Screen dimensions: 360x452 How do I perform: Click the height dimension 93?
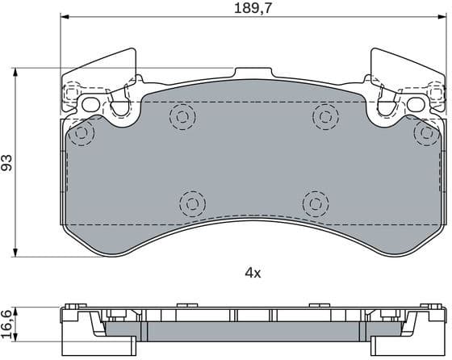(x=7, y=162)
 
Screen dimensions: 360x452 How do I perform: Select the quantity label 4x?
(x=253, y=273)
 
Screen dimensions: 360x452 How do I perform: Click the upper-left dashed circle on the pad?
(x=182, y=117)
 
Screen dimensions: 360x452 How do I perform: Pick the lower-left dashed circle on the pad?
(x=190, y=201)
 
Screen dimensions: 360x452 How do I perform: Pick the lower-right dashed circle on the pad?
(x=314, y=201)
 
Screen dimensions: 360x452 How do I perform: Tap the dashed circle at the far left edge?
(x=81, y=134)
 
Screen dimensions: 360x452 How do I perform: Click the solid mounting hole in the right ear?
(x=416, y=104)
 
